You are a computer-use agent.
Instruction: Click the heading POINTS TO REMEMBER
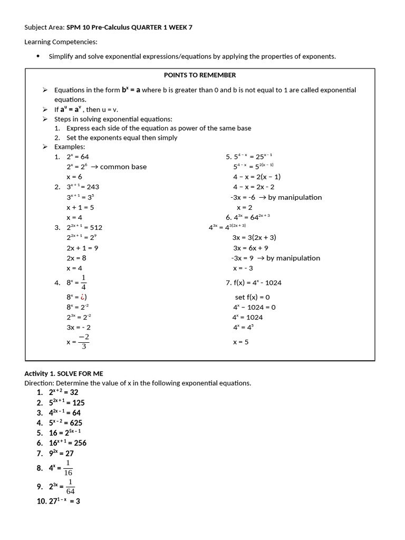[x=200, y=75]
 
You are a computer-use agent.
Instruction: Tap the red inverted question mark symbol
[x=81, y=297]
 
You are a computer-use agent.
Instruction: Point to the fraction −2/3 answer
[x=83, y=342]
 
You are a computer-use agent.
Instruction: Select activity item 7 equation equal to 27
[x=61, y=453]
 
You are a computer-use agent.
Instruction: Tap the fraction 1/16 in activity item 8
[x=68, y=468]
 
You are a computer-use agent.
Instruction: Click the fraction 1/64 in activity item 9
[x=70, y=486]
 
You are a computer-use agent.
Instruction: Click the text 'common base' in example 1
[x=123, y=167]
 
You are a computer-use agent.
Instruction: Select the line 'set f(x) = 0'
[x=252, y=297]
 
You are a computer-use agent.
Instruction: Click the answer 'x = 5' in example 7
[x=240, y=342]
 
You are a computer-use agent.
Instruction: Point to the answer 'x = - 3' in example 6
[x=243, y=268]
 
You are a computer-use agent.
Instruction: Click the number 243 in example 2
[x=93, y=187]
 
